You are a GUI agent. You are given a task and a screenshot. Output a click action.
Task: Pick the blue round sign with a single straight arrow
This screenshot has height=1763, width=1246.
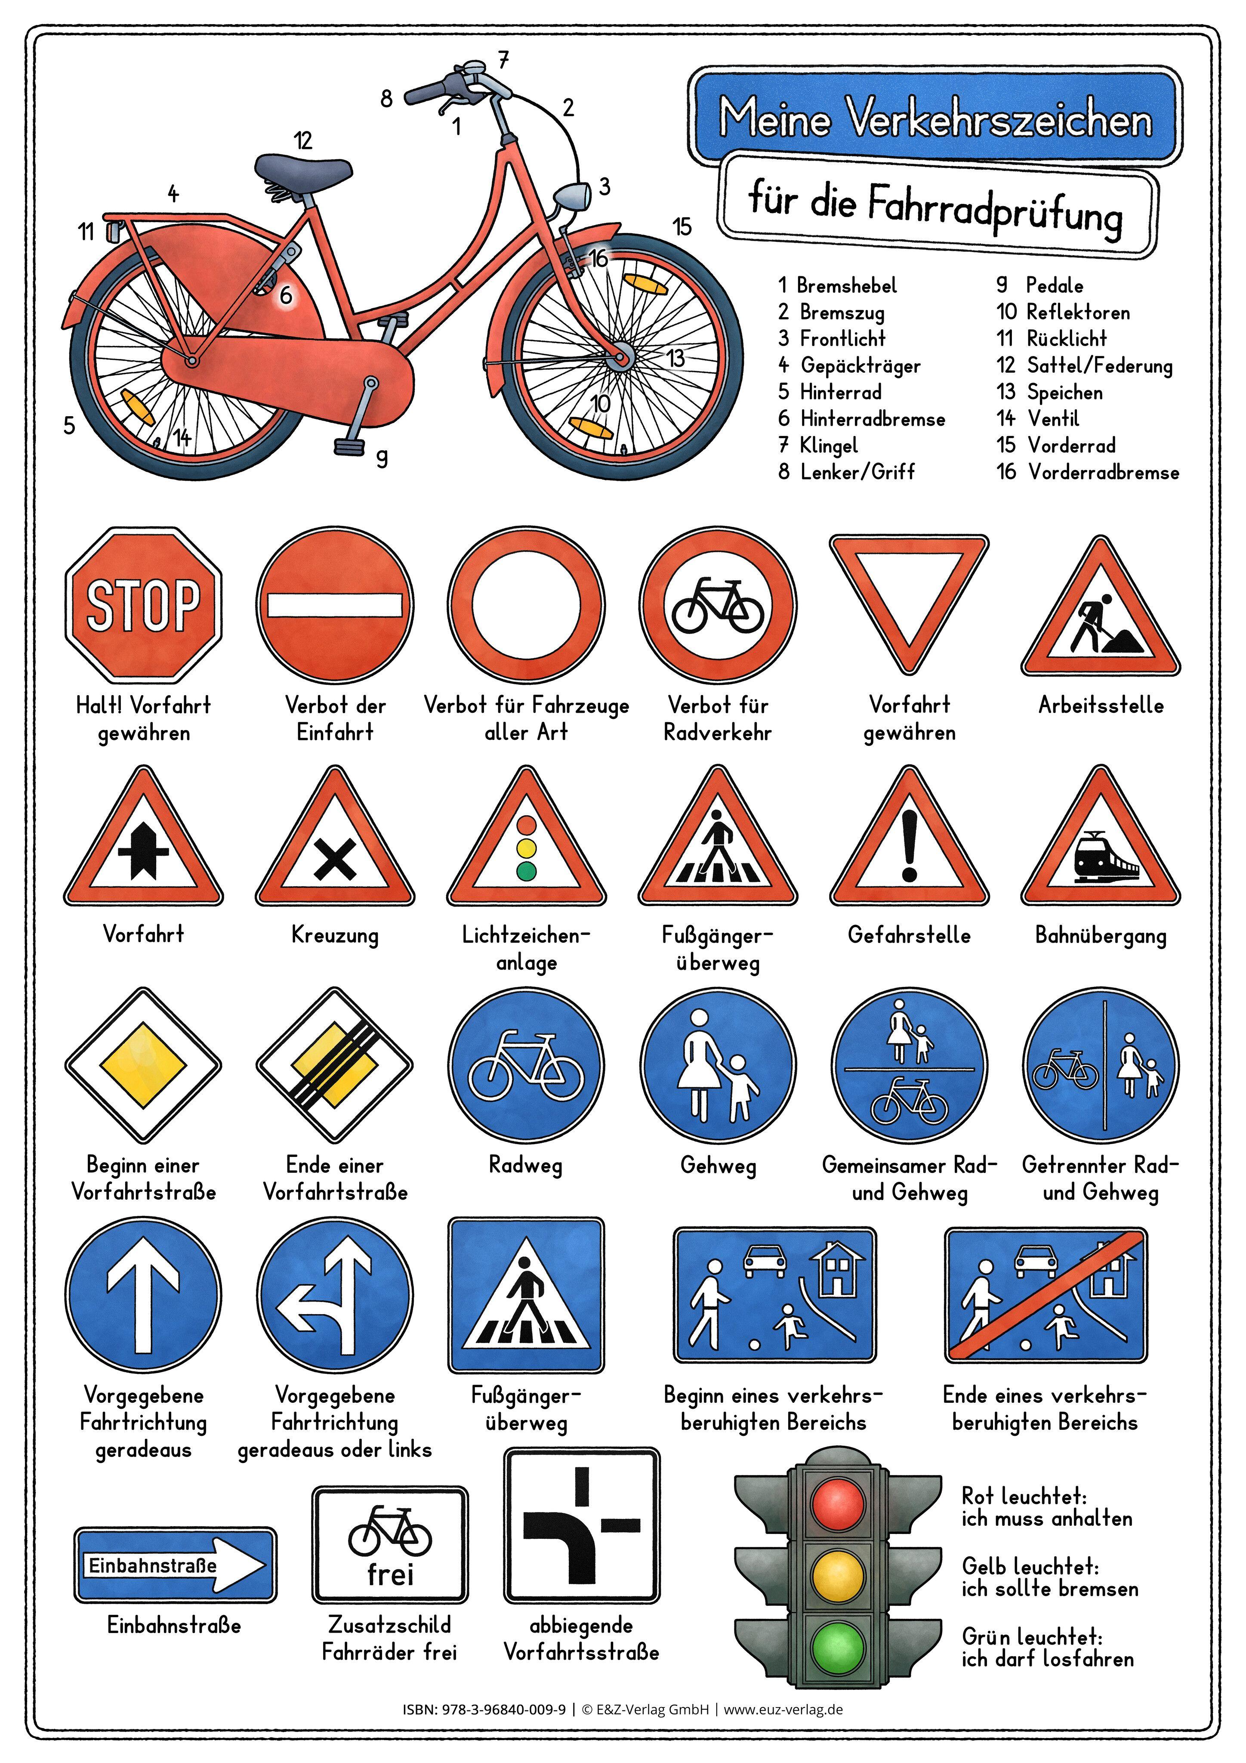pyautogui.click(x=144, y=1296)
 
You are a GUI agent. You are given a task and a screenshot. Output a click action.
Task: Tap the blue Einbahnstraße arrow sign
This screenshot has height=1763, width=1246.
pyautogui.click(x=175, y=1565)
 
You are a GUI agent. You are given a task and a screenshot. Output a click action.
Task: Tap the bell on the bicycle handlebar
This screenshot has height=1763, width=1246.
pyautogui.click(x=474, y=68)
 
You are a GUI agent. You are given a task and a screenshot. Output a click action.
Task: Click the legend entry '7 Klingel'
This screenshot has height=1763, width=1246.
pyautogui.click(x=818, y=445)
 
